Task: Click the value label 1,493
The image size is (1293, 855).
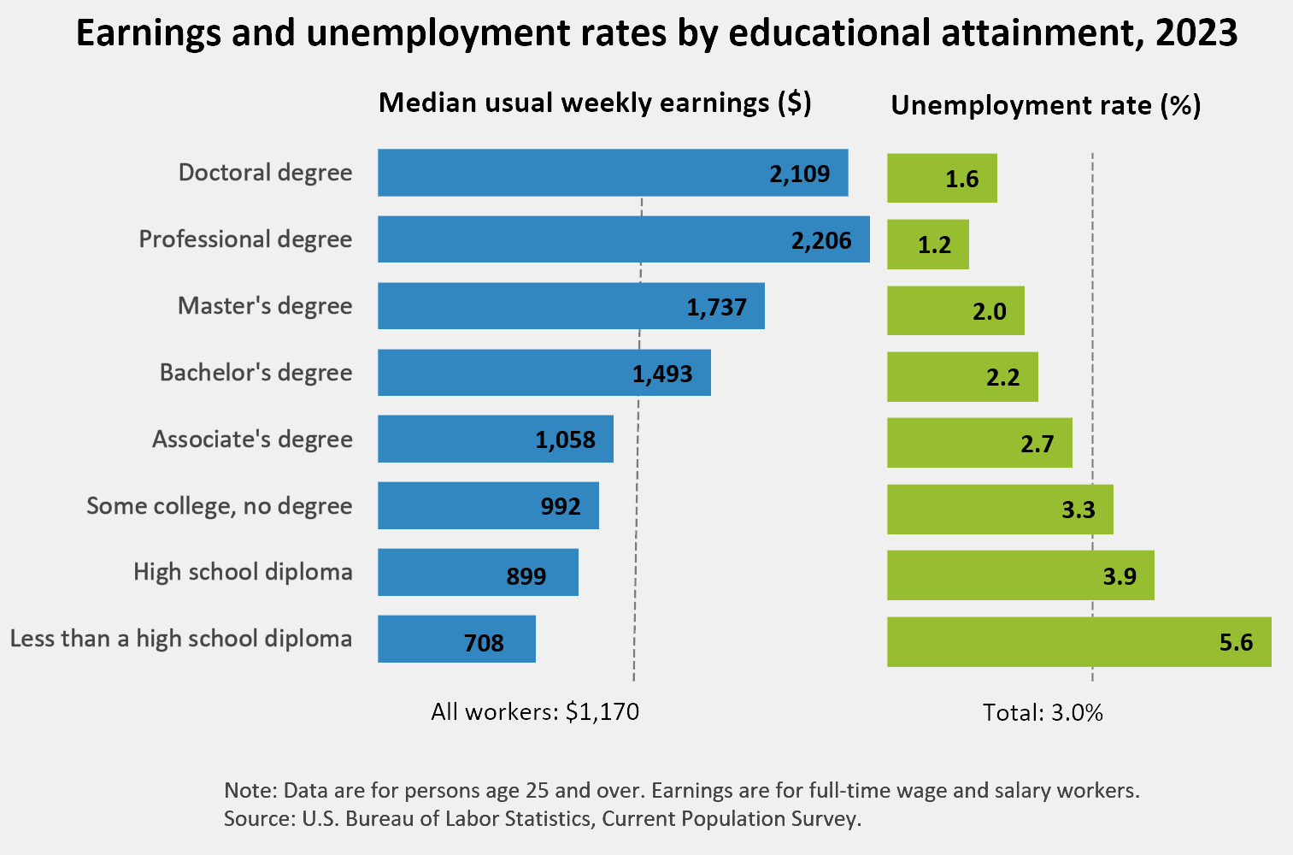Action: click(662, 374)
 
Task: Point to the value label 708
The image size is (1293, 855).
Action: click(484, 642)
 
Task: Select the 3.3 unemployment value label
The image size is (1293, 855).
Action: click(1078, 510)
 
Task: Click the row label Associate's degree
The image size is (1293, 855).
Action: click(252, 439)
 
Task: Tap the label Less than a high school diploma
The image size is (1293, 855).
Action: click(181, 639)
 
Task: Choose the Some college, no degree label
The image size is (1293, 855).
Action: click(220, 506)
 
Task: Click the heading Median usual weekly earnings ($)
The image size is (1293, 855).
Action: click(595, 103)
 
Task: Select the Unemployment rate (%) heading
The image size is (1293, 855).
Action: click(1046, 105)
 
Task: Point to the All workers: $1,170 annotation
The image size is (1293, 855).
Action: click(535, 712)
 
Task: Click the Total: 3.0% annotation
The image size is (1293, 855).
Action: click(1043, 713)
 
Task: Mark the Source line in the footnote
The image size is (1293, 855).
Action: click(543, 819)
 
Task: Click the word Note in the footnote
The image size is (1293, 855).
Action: click(249, 790)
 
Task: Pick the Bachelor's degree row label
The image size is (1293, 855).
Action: click(256, 373)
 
